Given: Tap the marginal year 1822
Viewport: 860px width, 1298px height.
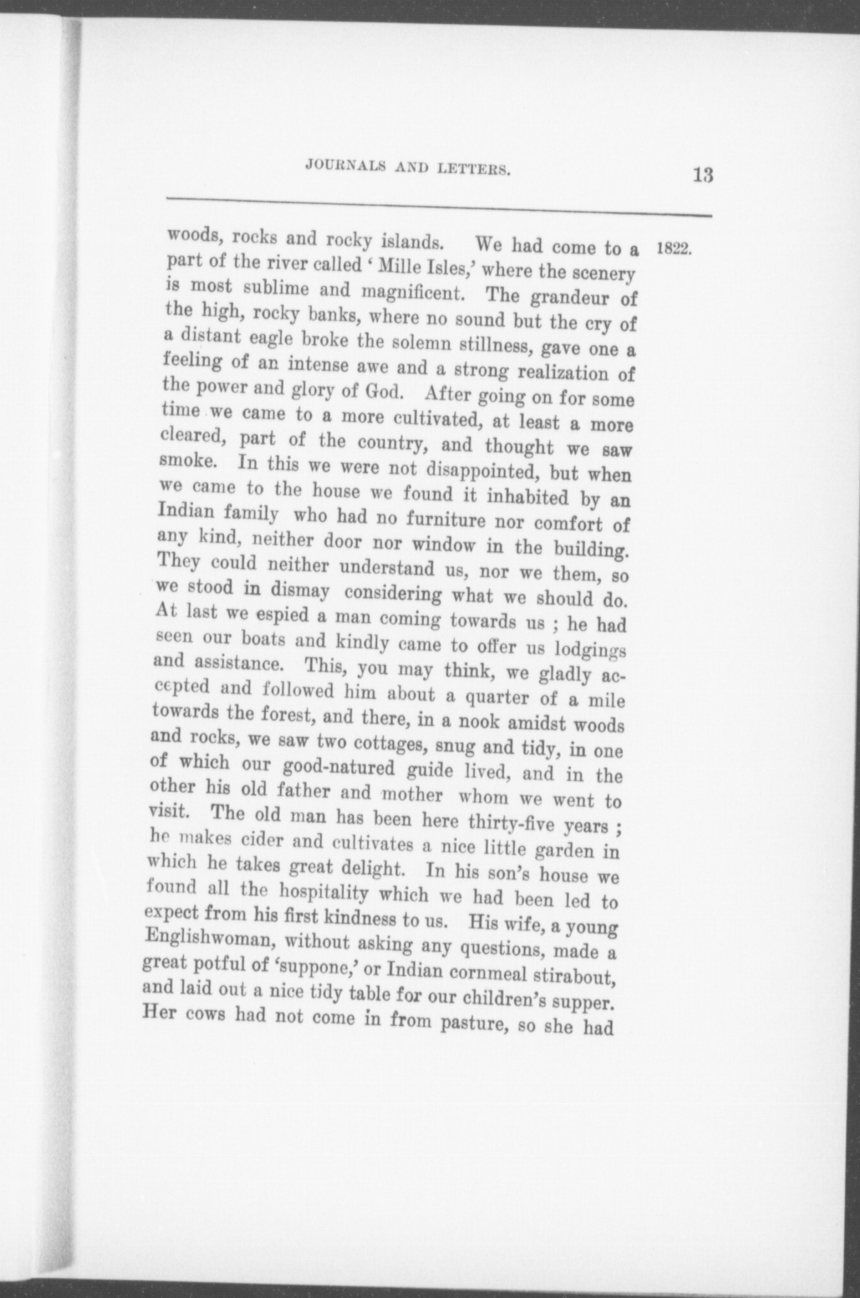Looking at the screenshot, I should (673, 249).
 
